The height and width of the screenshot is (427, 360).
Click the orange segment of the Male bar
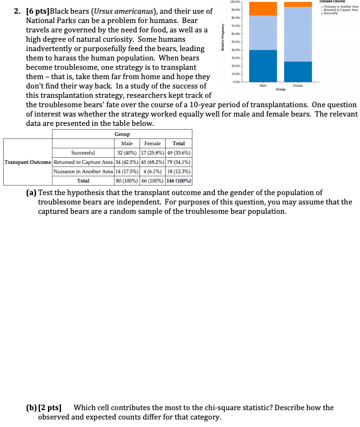coord(262,9)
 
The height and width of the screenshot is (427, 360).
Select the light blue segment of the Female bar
coord(297,34)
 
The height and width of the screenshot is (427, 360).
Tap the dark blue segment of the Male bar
coord(262,65)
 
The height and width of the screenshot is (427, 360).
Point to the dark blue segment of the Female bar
coord(297,71)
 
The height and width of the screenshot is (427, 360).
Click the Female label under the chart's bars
coord(297,87)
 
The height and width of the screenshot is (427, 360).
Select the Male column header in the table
coord(126,143)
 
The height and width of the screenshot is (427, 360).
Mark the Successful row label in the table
coord(83,152)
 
